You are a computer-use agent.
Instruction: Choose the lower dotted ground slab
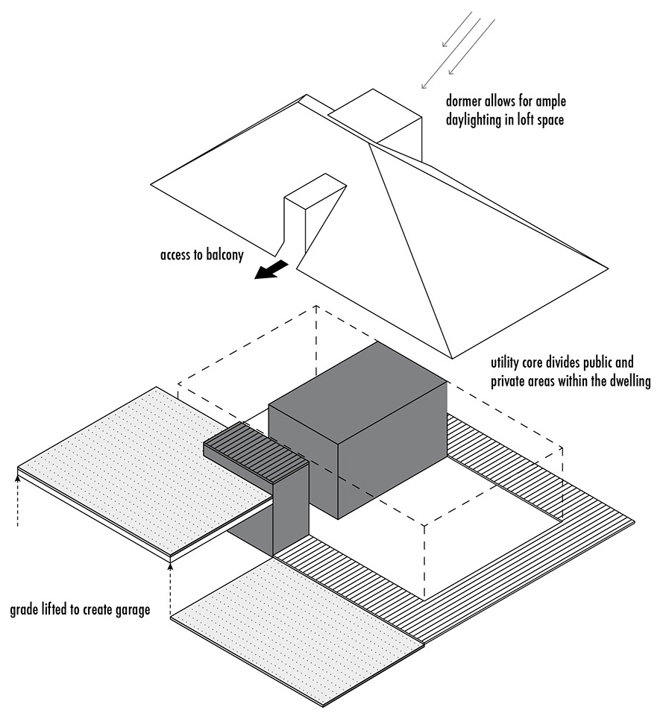298,634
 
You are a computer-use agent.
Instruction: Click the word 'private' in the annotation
511,382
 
